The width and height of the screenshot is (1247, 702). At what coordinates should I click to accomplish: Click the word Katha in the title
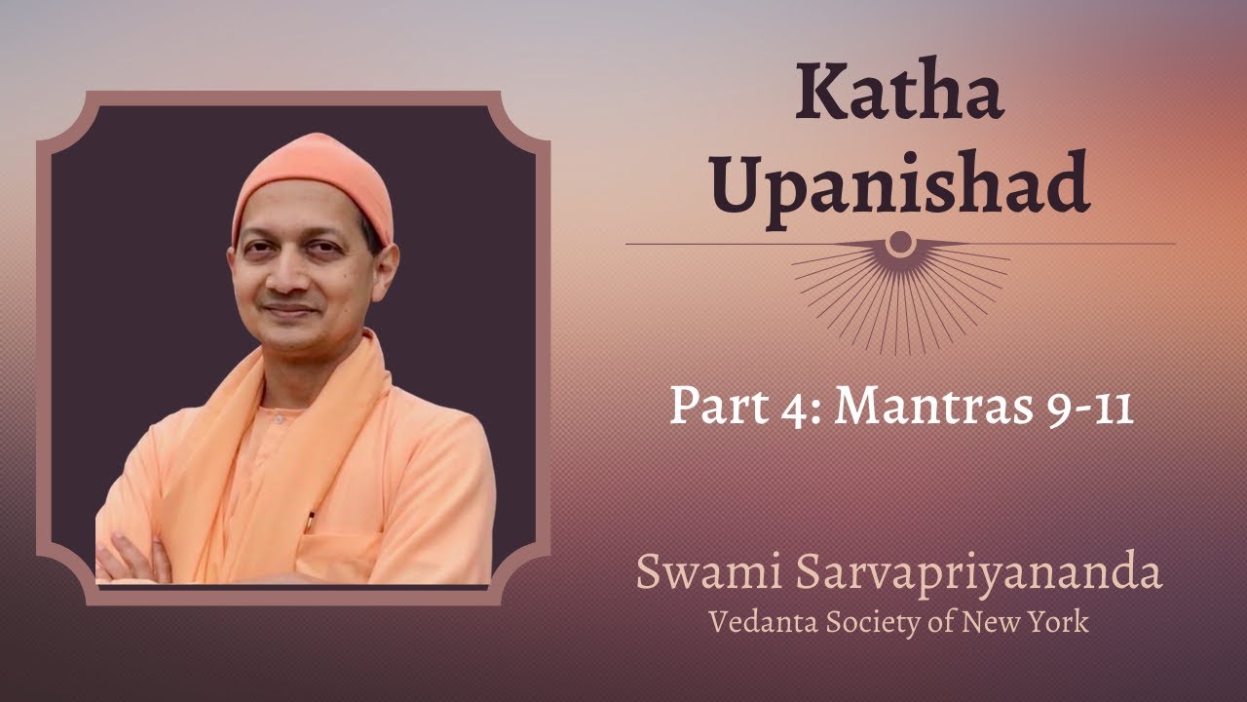[x=899, y=89]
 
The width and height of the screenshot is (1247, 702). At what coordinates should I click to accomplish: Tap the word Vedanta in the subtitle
[x=763, y=622]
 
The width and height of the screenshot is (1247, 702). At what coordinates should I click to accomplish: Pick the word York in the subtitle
[x=1057, y=622]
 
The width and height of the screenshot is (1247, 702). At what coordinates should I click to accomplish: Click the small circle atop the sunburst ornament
[x=900, y=242]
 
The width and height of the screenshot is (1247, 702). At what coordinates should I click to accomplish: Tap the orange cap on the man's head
[x=313, y=184]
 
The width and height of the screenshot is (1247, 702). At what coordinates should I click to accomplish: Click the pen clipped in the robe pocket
[x=310, y=522]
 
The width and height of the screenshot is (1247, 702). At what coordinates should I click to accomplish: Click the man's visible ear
[x=386, y=268]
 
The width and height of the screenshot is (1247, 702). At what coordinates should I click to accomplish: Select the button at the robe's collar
[x=279, y=419]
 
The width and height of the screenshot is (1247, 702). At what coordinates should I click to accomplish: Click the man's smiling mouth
[x=290, y=310]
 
